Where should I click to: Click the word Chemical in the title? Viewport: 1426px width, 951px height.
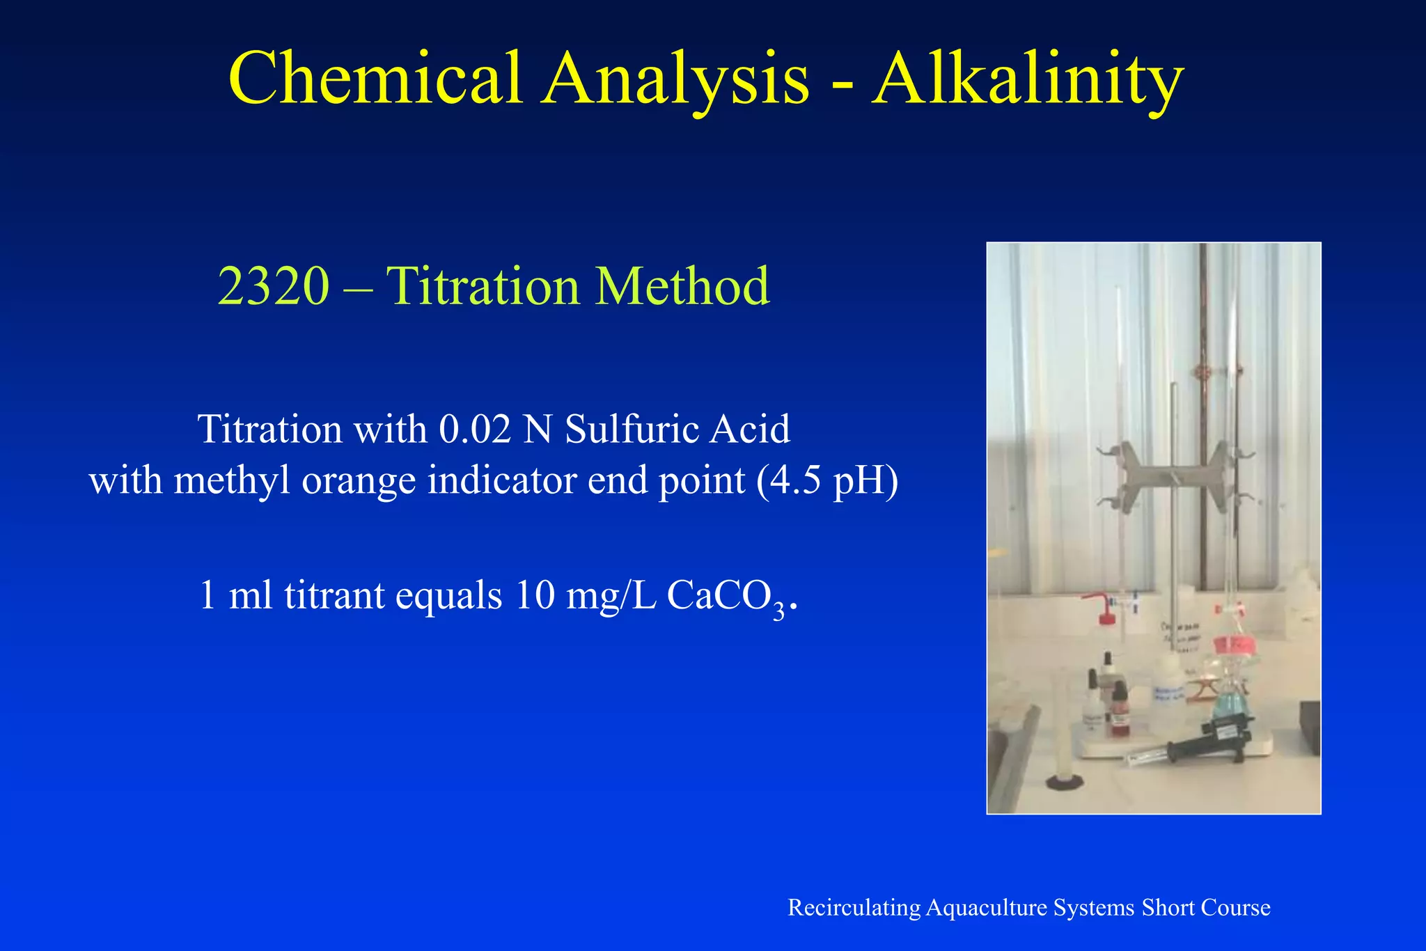[375, 78]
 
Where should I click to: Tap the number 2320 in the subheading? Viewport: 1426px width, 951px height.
[273, 285]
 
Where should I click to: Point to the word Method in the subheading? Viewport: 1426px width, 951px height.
[682, 285]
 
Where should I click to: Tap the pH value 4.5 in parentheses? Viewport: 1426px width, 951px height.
[790, 480]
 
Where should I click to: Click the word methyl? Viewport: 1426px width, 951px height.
[232, 480]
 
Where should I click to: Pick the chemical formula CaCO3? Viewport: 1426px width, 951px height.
[725, 596]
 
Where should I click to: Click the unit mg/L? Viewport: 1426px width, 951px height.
[611, 596]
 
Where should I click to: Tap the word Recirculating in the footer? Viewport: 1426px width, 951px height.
[854, 908]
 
